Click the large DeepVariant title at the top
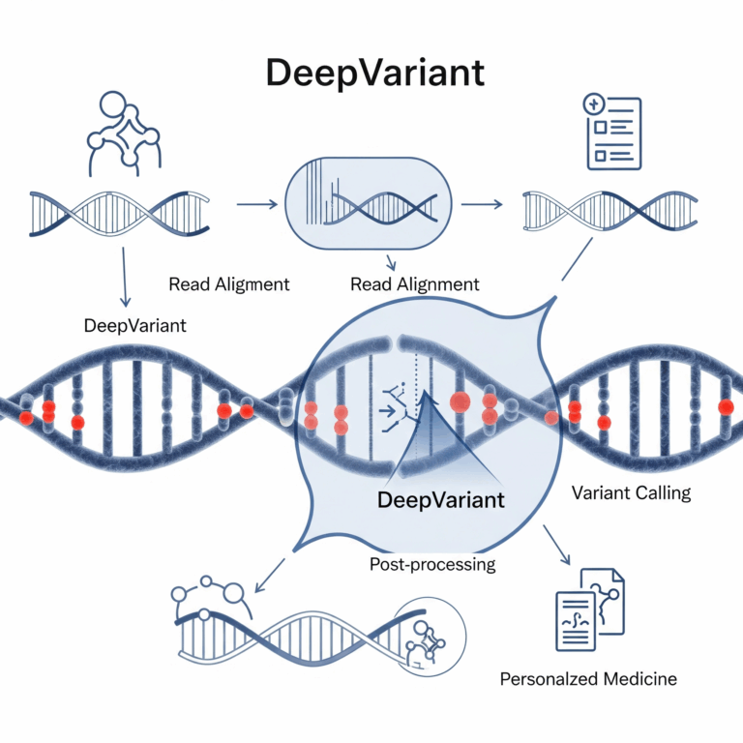[x=371, y=74]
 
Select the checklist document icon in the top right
[x=610, y=133]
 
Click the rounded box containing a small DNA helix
[x=371, y=204]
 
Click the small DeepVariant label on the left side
[x=135, y=325]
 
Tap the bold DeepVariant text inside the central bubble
[x=440, y=500]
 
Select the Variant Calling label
[x=632, y=492]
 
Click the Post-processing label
[x=432, y=563]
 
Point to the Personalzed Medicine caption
[x=588, y=678]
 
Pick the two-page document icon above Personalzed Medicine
[x=589, y=608]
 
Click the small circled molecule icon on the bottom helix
[x=423, y=633]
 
